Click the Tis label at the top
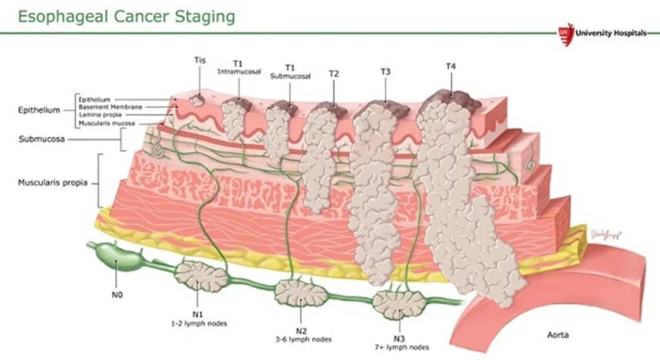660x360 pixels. (200, 60)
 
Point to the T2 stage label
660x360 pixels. (334, 73)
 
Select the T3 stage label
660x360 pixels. (386, 71)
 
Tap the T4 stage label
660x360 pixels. (451, 67)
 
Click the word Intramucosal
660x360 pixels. (239, 72)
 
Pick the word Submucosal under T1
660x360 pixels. (290, 77)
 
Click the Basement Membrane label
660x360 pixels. (110, 107)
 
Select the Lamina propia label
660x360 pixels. (100, 115)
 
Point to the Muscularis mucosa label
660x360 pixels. (107, 124)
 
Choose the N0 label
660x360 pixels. (117, 296)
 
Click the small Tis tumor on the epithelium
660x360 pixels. (196, 101)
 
